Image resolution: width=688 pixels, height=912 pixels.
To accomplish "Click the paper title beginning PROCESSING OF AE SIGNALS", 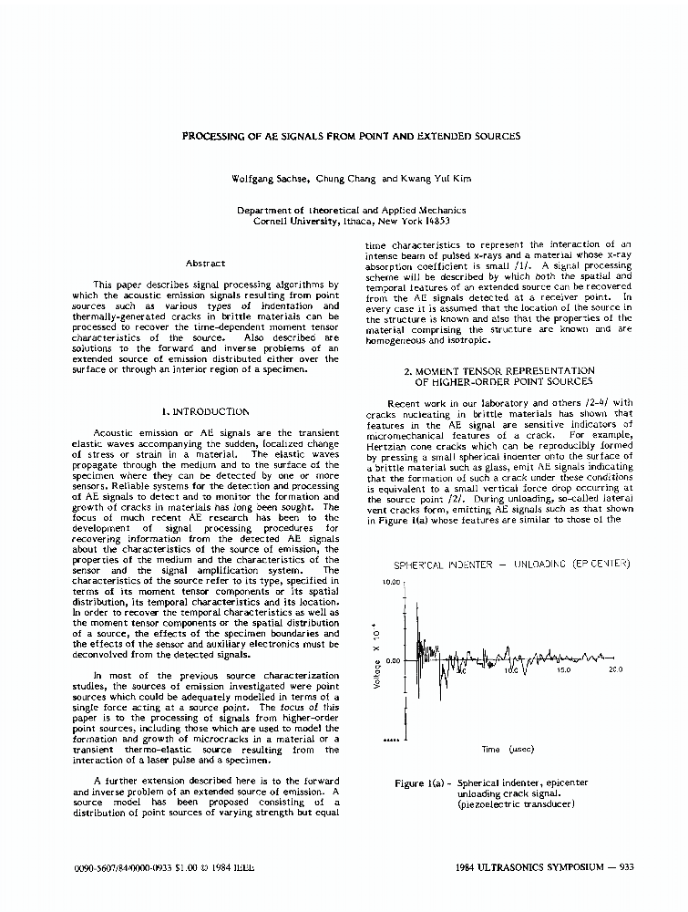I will click(351, 136).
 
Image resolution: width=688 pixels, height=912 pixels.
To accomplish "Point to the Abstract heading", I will click(205, 264).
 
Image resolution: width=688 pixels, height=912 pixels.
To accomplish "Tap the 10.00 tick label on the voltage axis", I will click(391, 582).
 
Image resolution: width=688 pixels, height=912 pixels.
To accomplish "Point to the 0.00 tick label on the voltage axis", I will click(393, 660).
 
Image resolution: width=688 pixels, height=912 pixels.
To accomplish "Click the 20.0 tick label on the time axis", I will click(615, 669).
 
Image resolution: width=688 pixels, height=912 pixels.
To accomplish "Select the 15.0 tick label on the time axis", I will click(563, 669).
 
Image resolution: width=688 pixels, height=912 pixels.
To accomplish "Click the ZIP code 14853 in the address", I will click(432, 221).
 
